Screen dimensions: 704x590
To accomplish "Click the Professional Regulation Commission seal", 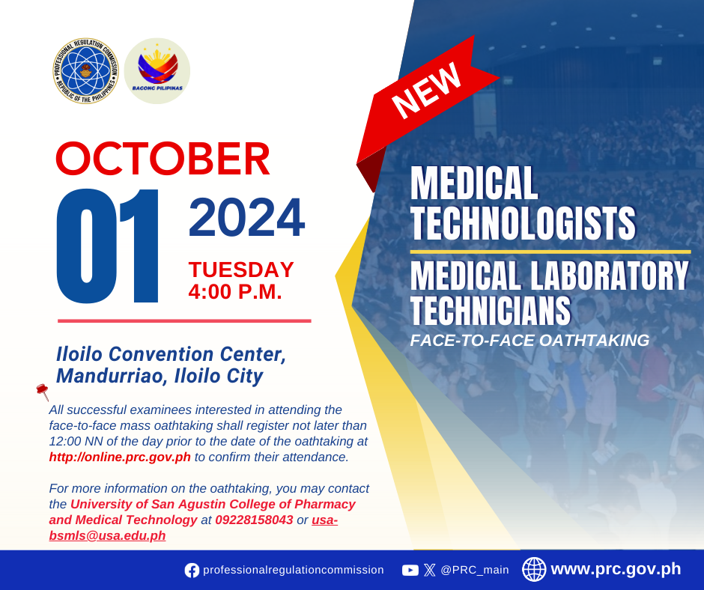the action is click(x=85, y=71).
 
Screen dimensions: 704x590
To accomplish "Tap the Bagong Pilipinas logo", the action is click(x=157, y=71).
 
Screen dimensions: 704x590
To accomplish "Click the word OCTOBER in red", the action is click(x=163, y=159).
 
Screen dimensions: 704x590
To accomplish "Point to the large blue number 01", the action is click(x=108, y=246).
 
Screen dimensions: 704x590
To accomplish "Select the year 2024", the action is click(x=247, y=218).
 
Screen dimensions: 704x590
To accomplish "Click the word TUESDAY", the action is click(x=241, y=270).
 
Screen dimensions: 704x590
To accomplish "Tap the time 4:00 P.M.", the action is click(x=235, y=292).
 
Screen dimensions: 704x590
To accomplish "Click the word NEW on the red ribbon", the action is click(x=427, y=90).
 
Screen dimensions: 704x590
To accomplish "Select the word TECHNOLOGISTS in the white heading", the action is click(x=523, y=223).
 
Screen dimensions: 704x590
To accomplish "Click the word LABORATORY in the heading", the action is click(x=610, y=276).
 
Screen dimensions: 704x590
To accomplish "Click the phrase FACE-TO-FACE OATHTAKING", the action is click(x=529, y=341).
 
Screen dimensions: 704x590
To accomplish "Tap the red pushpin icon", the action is click(x=43, y=391).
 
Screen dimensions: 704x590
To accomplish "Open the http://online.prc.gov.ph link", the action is click(x=120, y=457).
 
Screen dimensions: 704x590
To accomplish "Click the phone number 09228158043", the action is click(x=254, y=520).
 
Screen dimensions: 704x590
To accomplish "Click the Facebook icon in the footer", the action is click(x=192, y=571).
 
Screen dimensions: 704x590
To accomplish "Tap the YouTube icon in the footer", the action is click(x=410, y=571).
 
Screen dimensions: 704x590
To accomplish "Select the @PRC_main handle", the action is click(x=475, y=570).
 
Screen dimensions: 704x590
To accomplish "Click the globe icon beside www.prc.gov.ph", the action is click(x=534, y=569).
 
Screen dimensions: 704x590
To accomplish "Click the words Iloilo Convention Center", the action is click(x=171, y=354).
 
